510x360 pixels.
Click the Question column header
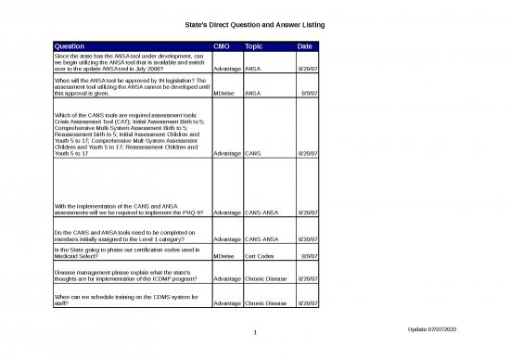point(71,45)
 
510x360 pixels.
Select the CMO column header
point(222,45)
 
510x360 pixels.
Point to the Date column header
point(304,45)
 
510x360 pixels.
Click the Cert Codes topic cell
point(260,255)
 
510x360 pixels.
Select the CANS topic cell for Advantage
point(252,152)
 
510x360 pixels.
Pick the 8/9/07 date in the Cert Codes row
point(310,255)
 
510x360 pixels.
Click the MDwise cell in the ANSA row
point(223,94)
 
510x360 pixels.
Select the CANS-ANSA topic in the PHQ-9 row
point(263,212)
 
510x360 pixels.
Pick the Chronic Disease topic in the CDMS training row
point(267,302)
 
